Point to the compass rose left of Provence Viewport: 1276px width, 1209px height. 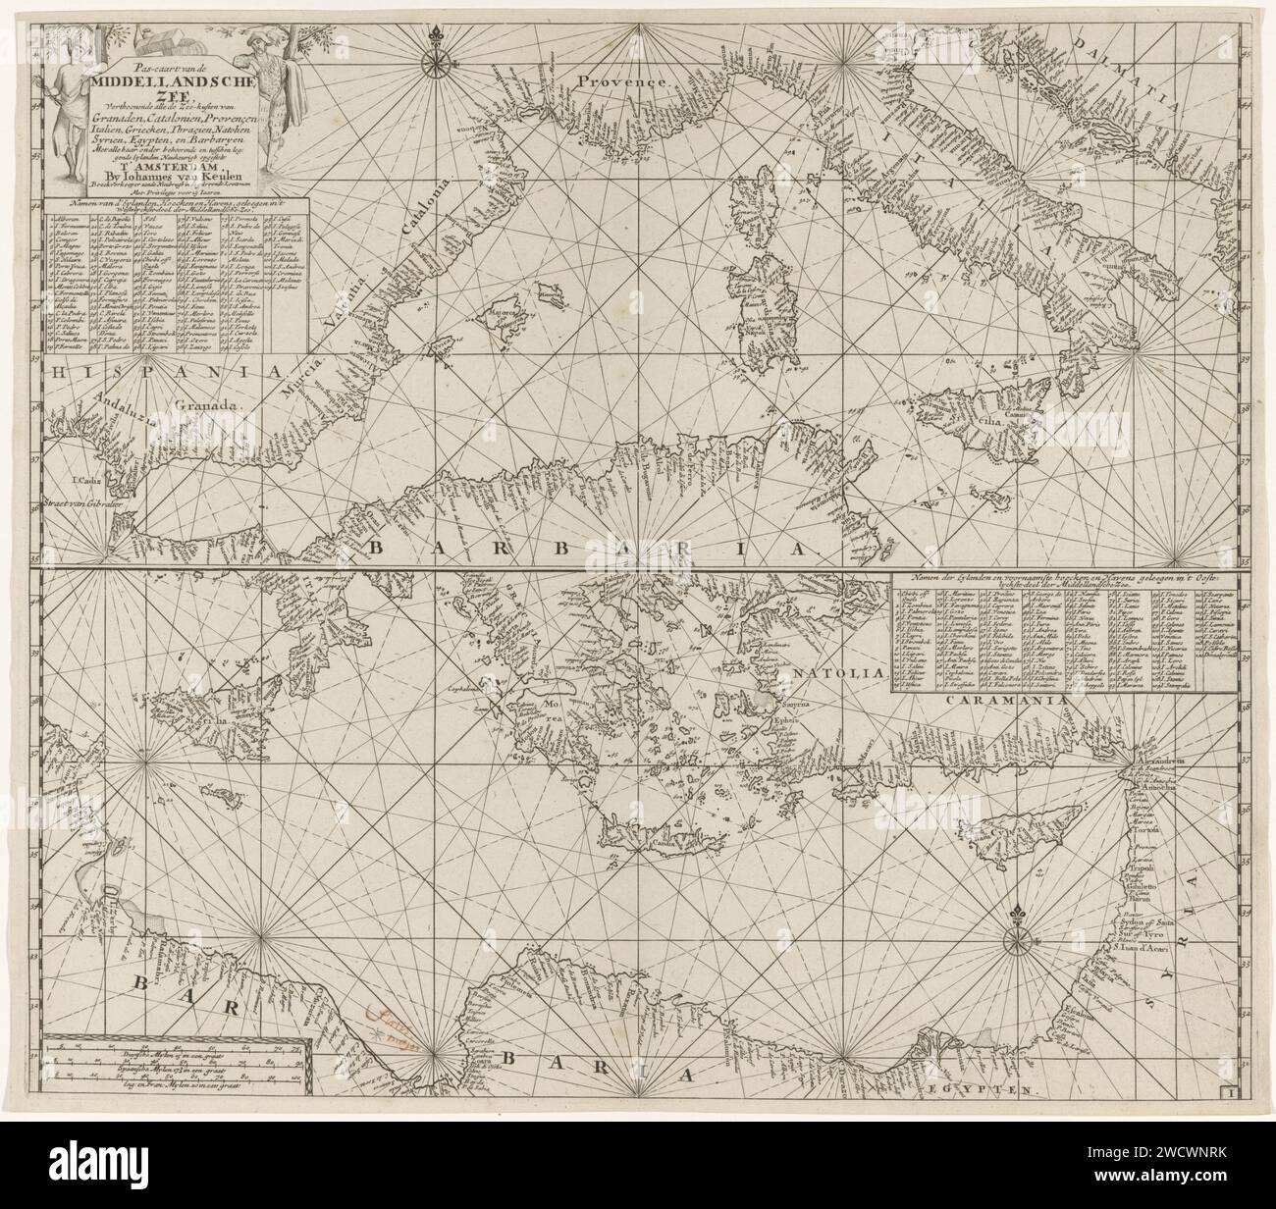pos(432,61)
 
